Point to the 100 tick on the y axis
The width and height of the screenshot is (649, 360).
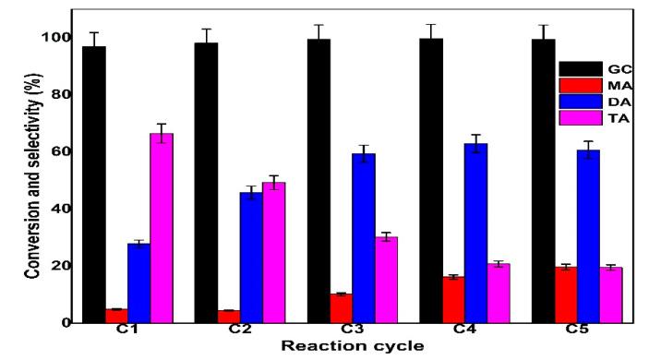click(50, 38)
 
